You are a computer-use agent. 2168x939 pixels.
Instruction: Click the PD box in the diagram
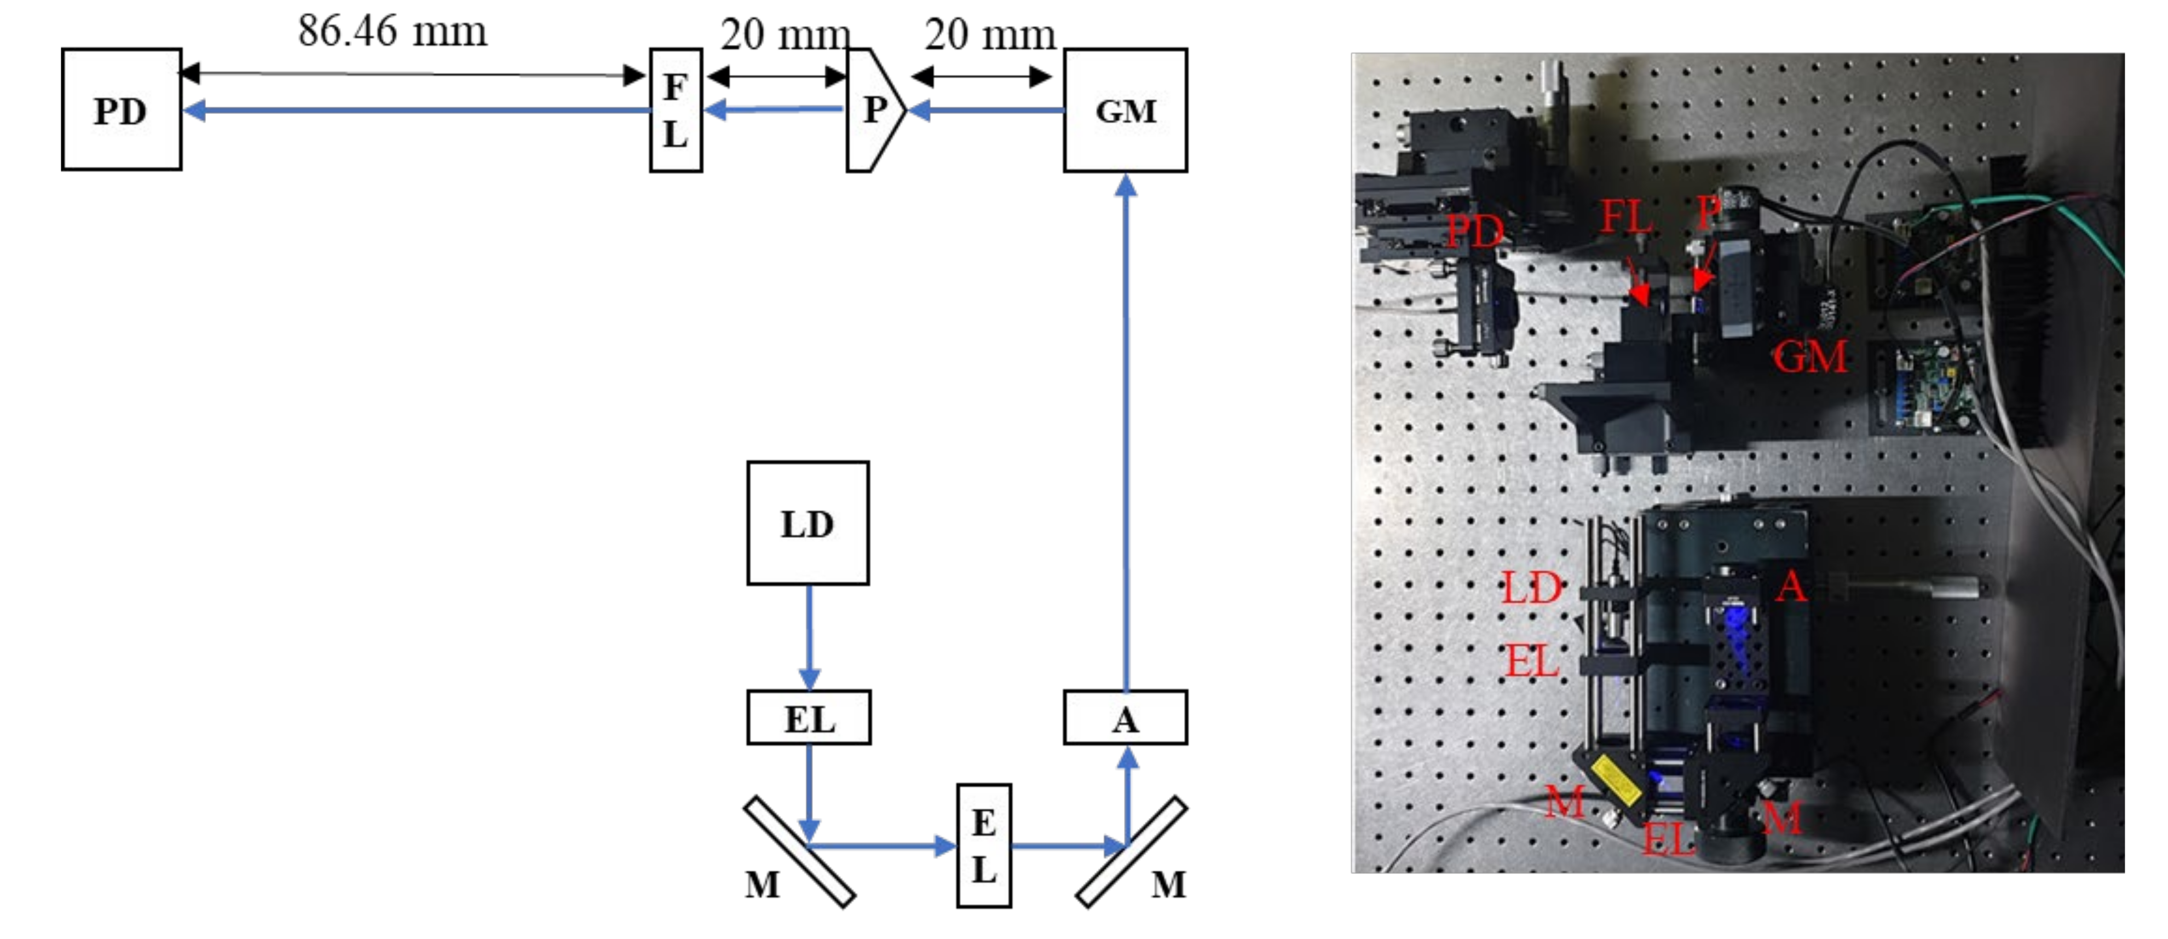tap(121, 110)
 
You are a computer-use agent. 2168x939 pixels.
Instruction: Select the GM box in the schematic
tap(1125, 110)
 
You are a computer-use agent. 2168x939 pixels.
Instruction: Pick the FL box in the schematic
tap(676, 110)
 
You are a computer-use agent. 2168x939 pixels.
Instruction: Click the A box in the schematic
tap(1125, 718)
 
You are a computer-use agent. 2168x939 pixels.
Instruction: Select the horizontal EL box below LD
tap(809, 718)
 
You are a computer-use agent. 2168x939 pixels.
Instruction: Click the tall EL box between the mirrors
tap(984, 845)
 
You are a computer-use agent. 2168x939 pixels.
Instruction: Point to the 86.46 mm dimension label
tap(392, 31)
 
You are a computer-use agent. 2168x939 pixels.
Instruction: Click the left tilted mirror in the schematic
tap(799, 851)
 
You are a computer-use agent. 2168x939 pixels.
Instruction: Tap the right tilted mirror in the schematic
tap(1132, 851)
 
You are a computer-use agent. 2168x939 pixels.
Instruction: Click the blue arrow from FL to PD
tap(417, 110)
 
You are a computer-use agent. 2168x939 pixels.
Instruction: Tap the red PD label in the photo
tap(1474, 230)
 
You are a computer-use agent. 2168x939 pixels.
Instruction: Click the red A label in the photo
tap(1791, 586)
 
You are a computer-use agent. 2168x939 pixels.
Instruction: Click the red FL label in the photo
tap(1625, 217)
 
